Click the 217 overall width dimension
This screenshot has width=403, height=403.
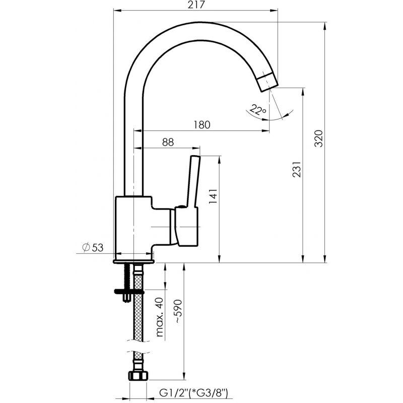pyautogui.click(x=196, y=5)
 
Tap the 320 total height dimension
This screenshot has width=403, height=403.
pyautogui.click(x=318, y=139)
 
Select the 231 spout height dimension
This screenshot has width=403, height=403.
pyautogui.click(x=297, y=169)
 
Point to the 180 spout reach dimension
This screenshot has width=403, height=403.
pyautogui.click(x=202, y=124)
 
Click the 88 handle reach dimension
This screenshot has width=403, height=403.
pyautogui.click(x=168, y=142)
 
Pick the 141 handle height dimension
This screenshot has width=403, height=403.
pyautogui.click(x=213, y=196)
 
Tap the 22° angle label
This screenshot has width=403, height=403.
pyautogui.click(x=258, y=110)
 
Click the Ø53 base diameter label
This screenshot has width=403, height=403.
pyautogui.click(x=93, y=247)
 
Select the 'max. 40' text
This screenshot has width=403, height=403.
pyautogui.click(x=159, y=317)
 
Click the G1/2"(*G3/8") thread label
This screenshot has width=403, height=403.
pyautogui.click(x=193, y=393)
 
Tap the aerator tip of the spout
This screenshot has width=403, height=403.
pyautogui.click(x=267, y=82)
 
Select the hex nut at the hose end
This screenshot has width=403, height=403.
pyautogui.click(x=138, y=375)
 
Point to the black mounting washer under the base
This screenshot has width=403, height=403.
pyautogui.click(x=129, y=292)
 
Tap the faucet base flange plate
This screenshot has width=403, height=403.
pyautogui.click(x=133, y=261)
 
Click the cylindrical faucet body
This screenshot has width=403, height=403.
pyautogui.click(x=133, y=228)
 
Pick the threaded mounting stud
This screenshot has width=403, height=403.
pyautogui.click(x=127, y=283)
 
